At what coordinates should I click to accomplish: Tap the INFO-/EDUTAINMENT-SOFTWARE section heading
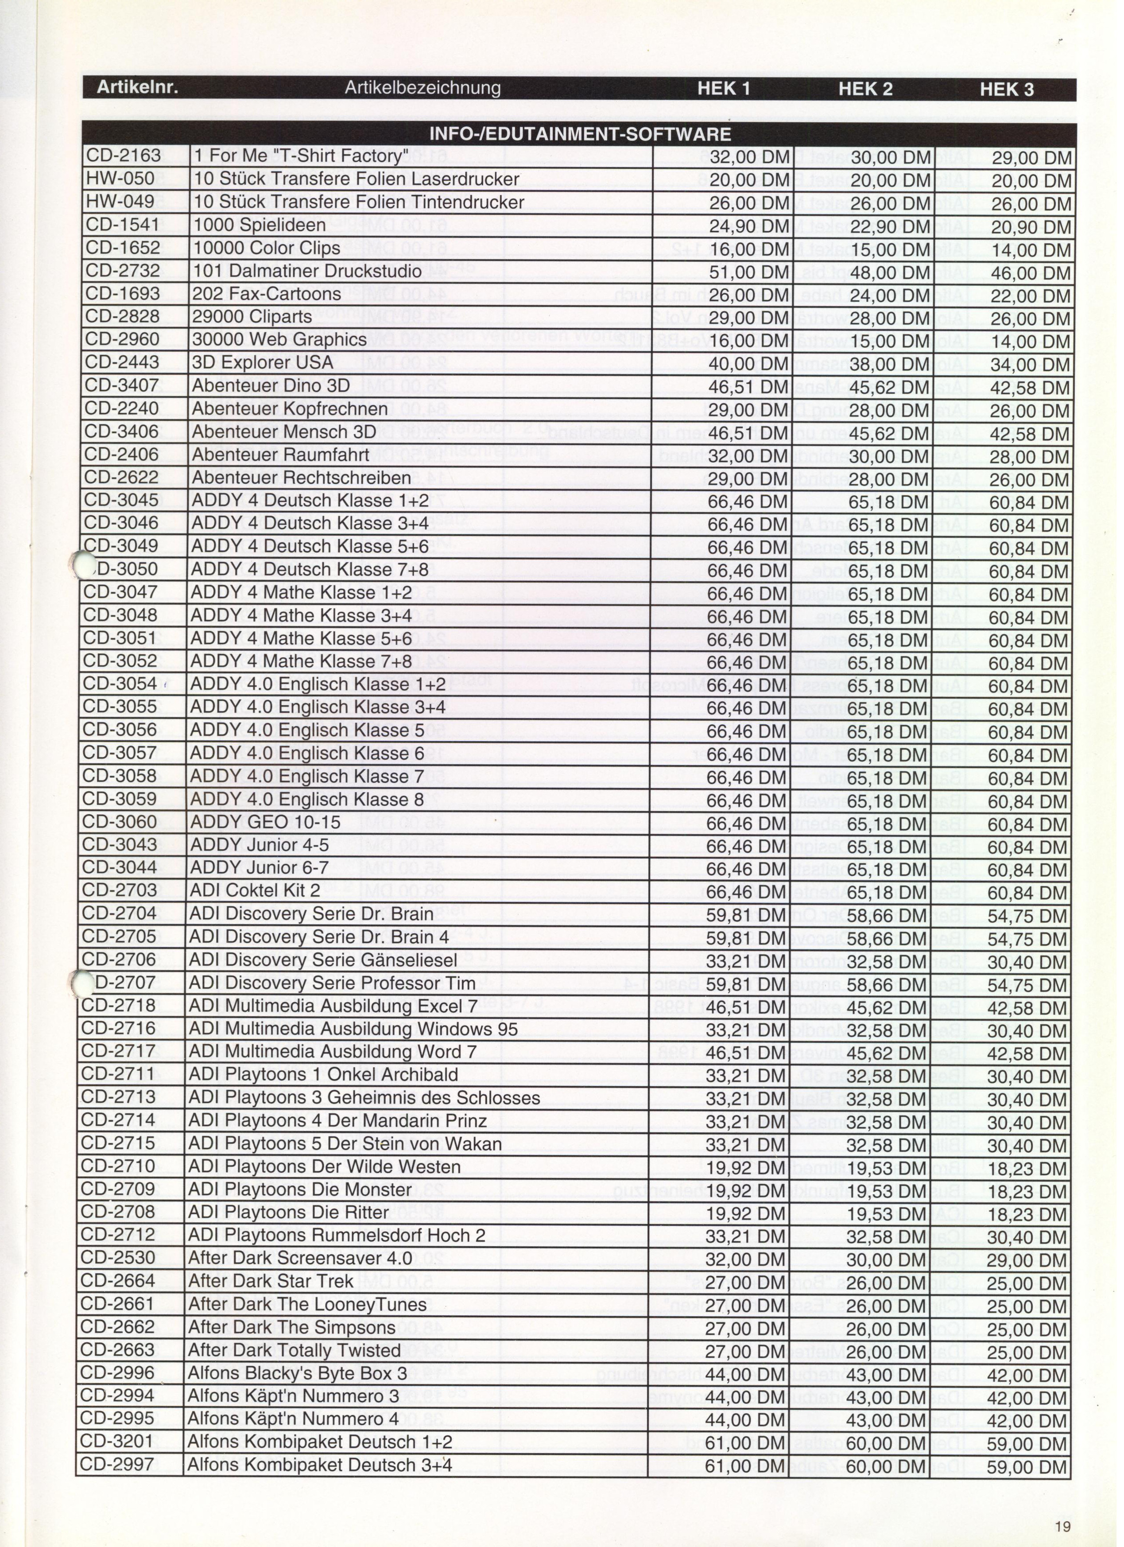coord(579,134)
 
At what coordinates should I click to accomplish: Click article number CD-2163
coord(124,156)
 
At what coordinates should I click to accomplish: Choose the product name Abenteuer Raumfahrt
coord(280,455)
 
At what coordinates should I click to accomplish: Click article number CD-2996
coord(118,1373)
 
